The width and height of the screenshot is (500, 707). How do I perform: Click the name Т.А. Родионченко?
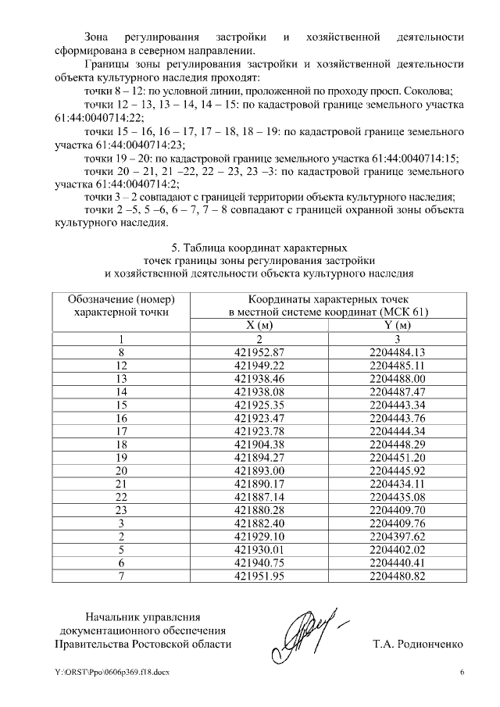click(x=419, y=645)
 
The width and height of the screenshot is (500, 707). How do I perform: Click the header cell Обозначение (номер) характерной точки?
click(x=120, y=305)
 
